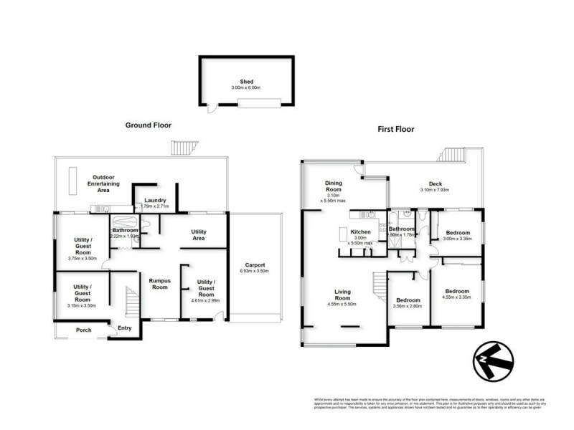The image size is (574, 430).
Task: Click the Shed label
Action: click(247, 82)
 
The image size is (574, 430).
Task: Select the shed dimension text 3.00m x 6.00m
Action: click(247, 88)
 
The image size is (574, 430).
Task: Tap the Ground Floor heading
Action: click(150, 125)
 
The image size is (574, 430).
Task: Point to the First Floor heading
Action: click(395, 130)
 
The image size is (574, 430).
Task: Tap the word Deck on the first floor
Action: click(435, 183)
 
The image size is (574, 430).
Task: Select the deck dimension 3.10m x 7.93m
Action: click(435, 190)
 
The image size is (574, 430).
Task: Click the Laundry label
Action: click(156, 201)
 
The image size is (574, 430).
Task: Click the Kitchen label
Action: click(359, 231)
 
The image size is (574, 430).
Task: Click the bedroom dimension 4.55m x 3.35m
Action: click(456, 297)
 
